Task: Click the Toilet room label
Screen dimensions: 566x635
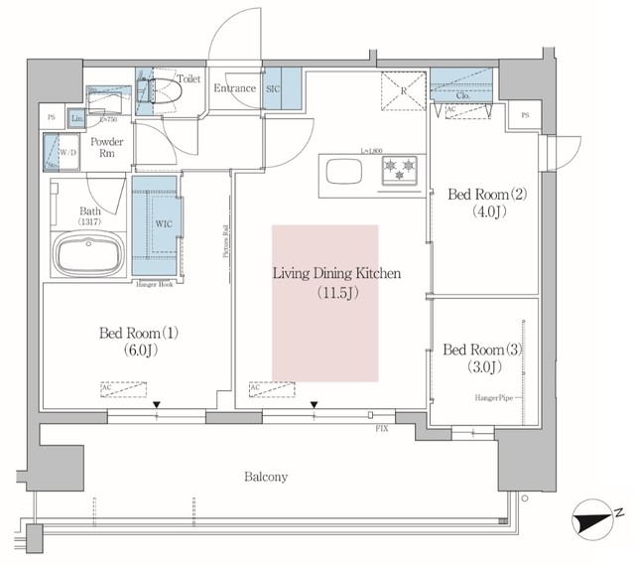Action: [188, 77]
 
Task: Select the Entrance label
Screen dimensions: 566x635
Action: [235, 89]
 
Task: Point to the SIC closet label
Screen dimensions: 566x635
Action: [274, 89]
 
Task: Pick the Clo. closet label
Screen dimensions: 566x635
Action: [462, 97]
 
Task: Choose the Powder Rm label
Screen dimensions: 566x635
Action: [106, 149]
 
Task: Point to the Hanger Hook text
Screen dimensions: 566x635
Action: [157, 285]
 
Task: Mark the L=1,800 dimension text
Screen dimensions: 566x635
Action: [373, 149]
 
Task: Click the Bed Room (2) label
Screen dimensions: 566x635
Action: [480, 201]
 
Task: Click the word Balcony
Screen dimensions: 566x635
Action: [265, 478]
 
